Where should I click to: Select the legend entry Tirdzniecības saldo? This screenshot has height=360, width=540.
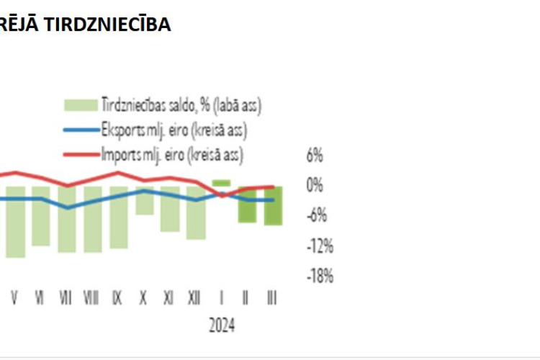pyautogui.click(x=181, y=104)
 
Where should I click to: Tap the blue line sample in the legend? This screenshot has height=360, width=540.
pyautogui.click(x=81, y=130)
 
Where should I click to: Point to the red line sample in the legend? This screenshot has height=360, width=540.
pyautogui.click(x=81, y=154)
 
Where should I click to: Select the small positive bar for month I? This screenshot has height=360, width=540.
pyautogui.click(x=221, y=183)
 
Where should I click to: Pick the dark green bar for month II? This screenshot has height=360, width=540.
pyautogui.click(x=247, y=204)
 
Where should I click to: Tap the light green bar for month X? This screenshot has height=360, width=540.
pyautogui.click(x=144, y=200)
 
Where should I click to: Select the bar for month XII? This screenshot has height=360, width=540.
pyautogui.click(x=196, y=212)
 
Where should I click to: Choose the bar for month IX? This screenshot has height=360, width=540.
pyautogui.click(x=118, y=217)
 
